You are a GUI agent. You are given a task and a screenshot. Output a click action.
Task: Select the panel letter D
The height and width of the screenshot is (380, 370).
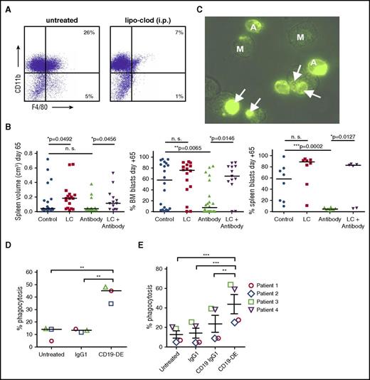pyautogui.click(x=6, y=250)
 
